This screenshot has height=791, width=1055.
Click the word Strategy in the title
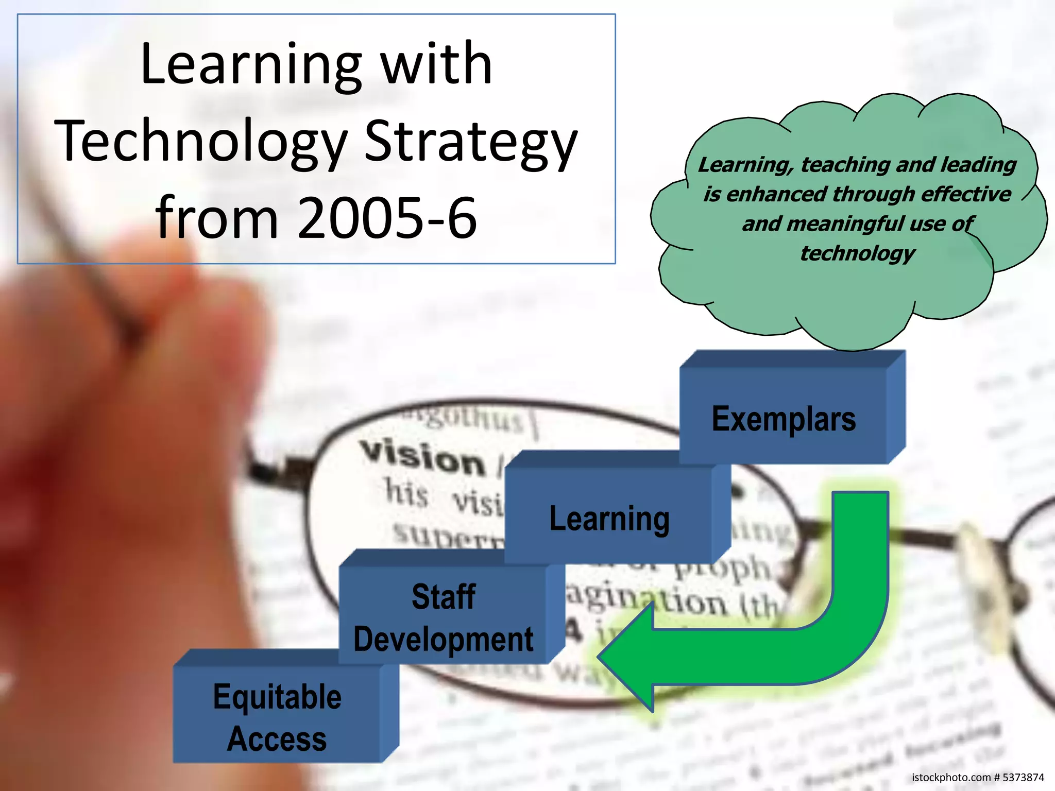[x=471, y=142]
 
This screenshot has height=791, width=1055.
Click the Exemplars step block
[x=784, y=418]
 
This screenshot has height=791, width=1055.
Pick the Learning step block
[x=609, y=518]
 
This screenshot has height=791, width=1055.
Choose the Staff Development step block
[x=443, y=617]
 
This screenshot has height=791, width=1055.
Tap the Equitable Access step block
[x=277, y=717]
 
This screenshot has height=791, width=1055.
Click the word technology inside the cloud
[x=857, y=253]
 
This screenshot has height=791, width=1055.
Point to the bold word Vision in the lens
[x=422, y=458]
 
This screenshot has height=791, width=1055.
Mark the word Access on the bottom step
[x=277, y=739]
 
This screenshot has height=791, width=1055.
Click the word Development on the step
[x=443, y=640]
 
